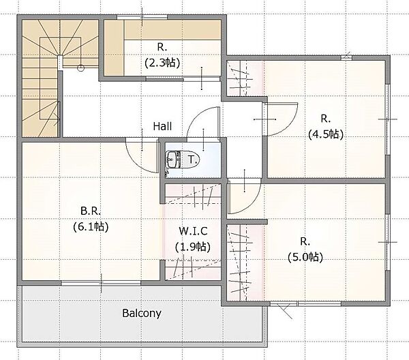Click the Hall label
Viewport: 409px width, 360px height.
pyautogui.click(x=162, y=126)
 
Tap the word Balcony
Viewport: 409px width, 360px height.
pyautogui.click(x=142, y=313)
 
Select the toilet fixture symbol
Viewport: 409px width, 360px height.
pyautogui.click(x=182, y=160)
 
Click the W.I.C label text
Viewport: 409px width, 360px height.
pyautogui.click(x=193, y=231)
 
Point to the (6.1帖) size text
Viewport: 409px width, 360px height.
pyautogui.click(x=91, y=226)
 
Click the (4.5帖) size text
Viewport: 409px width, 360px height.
pyautogui.click(x=326, y=134)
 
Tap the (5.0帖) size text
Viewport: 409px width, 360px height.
pyautogui.click(x=305, y=258)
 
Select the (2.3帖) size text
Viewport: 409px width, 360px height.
pyautogui.click(x=162, y=63)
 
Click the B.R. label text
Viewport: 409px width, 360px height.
pyautogui.click(x=91, y=211)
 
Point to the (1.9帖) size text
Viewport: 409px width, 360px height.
pyautogui.click(x=193, y=247)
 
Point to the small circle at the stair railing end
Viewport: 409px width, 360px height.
pyautogui.click(x=81, y=68)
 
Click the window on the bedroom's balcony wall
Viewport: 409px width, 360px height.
pyautogui.click(x=101, y=284)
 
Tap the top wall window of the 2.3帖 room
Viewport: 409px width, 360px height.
pyautogui.click(x=142, y=17)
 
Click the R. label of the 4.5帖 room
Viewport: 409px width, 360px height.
pyautogui.click(x=326, y=119)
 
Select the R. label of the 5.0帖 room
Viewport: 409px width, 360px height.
pyautogui.click(x=305, y=242)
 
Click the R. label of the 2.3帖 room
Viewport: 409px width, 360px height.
pyautogui.click(x=162, y=48)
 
